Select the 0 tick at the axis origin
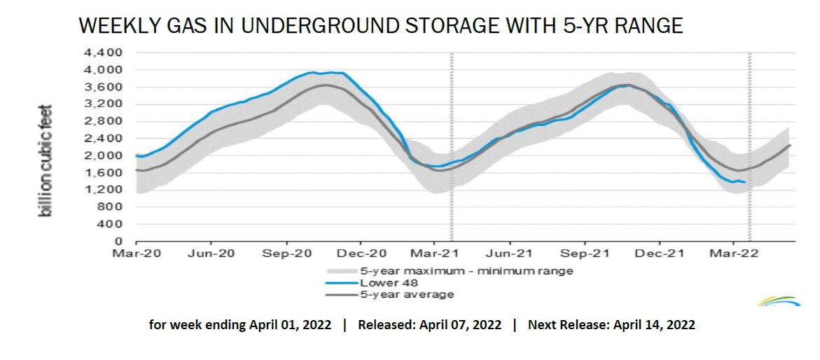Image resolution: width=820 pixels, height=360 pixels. (120, 242)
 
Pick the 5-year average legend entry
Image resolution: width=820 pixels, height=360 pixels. (406, 294)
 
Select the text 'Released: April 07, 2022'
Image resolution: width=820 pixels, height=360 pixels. (429, 326)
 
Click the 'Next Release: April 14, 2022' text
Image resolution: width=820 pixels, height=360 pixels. (611, 326)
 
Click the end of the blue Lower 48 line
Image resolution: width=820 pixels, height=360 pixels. (744, 182)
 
